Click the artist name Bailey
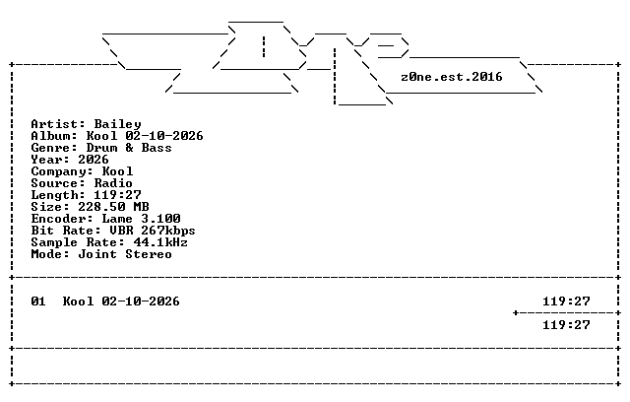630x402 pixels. point(118,124)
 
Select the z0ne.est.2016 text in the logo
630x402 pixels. point(452,77)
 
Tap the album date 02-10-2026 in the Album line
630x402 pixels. point(164,136)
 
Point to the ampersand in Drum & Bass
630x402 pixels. point(129,148)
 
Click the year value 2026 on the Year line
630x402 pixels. point(94,160)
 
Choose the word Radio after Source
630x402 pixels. point(113,183)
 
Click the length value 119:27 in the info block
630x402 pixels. point(117,195)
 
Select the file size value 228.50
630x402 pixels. point(101,207)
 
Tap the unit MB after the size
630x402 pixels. point(141,207)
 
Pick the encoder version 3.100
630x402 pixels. point(160,219)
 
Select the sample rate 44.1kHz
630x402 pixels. point(160,242)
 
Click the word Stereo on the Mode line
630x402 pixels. point(149,254)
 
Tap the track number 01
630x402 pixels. point(38,301)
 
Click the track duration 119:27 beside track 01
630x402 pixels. point(567,301)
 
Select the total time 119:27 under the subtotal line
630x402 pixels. point(567,325)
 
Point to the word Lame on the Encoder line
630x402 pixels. point(117,219)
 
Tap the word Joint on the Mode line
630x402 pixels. point(97,254)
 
